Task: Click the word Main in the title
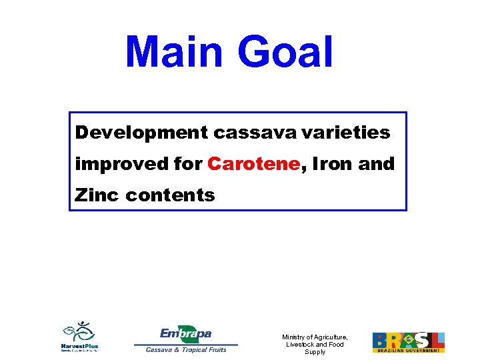pos(172,52)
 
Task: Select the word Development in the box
pos(141,133)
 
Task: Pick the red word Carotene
pos(253,164)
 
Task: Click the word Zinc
pos(97,195)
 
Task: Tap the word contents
pos(170,195)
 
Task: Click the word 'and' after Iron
pos(377,164)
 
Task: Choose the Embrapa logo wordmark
pos(186,333)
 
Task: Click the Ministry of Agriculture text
pos(315,337)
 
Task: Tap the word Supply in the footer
pos(315,352)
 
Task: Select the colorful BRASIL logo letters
pos(408,339)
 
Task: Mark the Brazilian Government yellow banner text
pos(408,350)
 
